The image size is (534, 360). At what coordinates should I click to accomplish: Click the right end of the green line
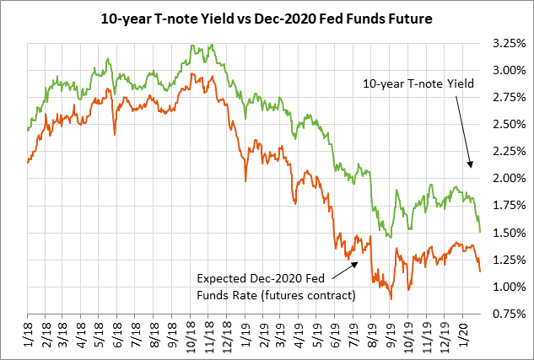[x=480, y=232]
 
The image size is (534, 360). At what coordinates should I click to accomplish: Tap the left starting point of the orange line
[x=27, y=163]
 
